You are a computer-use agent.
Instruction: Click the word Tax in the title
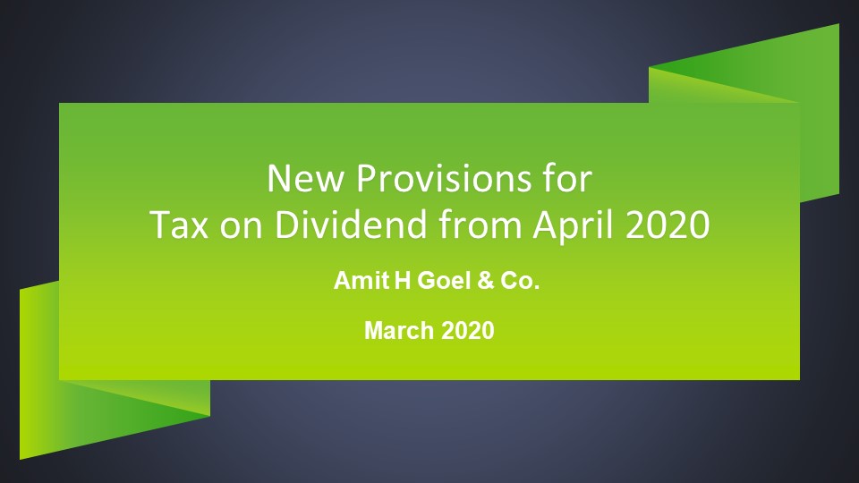pyautogui.click(x=179, y=225)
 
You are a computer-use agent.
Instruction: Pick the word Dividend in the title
pyautogui.click(x=351, y=224)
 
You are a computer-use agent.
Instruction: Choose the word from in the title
pyautogui.click(x=480, y=224)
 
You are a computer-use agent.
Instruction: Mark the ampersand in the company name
pyautogui.click(x=485, y=280)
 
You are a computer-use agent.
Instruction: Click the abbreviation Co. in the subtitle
pyautogui.click(x=520, y=280)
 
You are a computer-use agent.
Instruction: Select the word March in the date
pyautogui.click(x=399, y=331)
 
